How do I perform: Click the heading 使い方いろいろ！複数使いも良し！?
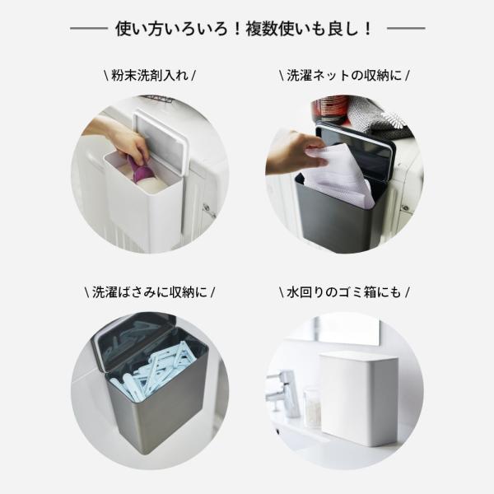245,29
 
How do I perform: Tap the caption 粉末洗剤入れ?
150,76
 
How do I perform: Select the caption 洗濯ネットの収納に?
344,76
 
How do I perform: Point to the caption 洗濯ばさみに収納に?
150,292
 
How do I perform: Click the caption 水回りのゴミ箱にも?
344,292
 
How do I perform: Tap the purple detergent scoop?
141,170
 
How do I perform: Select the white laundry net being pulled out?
338,176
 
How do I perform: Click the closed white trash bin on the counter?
359,398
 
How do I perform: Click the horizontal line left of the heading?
89,28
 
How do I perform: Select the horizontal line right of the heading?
406,28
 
